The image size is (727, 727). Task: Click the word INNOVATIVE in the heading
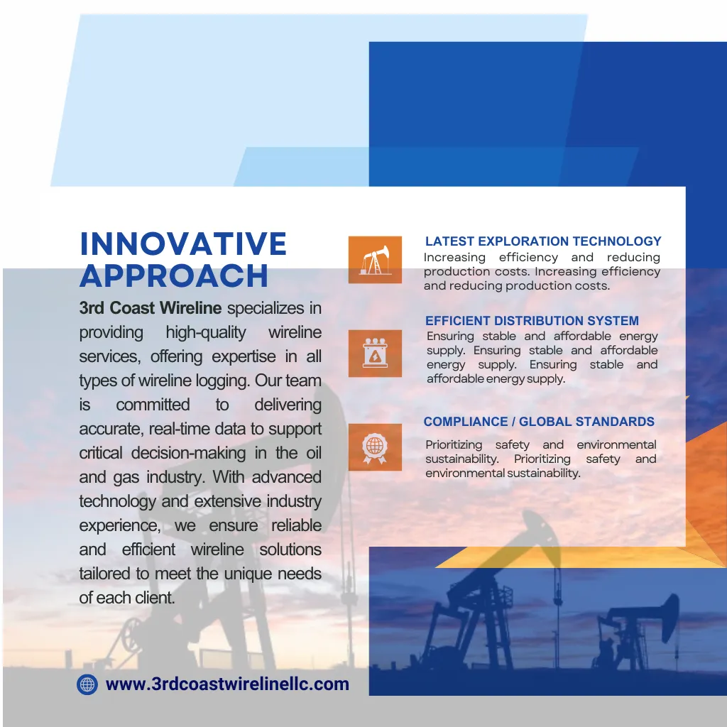pos(183,244)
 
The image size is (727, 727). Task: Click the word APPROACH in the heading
pos(174,276)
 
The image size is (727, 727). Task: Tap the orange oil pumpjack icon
pos(375,260)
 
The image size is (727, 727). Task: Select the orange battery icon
pos(375,354)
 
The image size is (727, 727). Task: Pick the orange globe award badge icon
pos(375,447)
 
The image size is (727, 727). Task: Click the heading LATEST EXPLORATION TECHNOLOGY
pos(543,241)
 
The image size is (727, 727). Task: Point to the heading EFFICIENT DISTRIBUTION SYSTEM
pos(532,320)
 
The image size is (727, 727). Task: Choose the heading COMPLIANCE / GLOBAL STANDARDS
pos(539,422)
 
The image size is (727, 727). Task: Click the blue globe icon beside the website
pos(87,684)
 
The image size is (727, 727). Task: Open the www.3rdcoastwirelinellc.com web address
pos(227,684)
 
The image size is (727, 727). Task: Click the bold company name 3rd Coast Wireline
pos(151,308)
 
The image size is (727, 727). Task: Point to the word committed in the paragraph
pos(153,405)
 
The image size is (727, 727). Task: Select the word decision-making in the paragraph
pos(188,453)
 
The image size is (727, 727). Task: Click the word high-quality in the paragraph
pos(206,333)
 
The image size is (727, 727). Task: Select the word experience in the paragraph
pos(119,526)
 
